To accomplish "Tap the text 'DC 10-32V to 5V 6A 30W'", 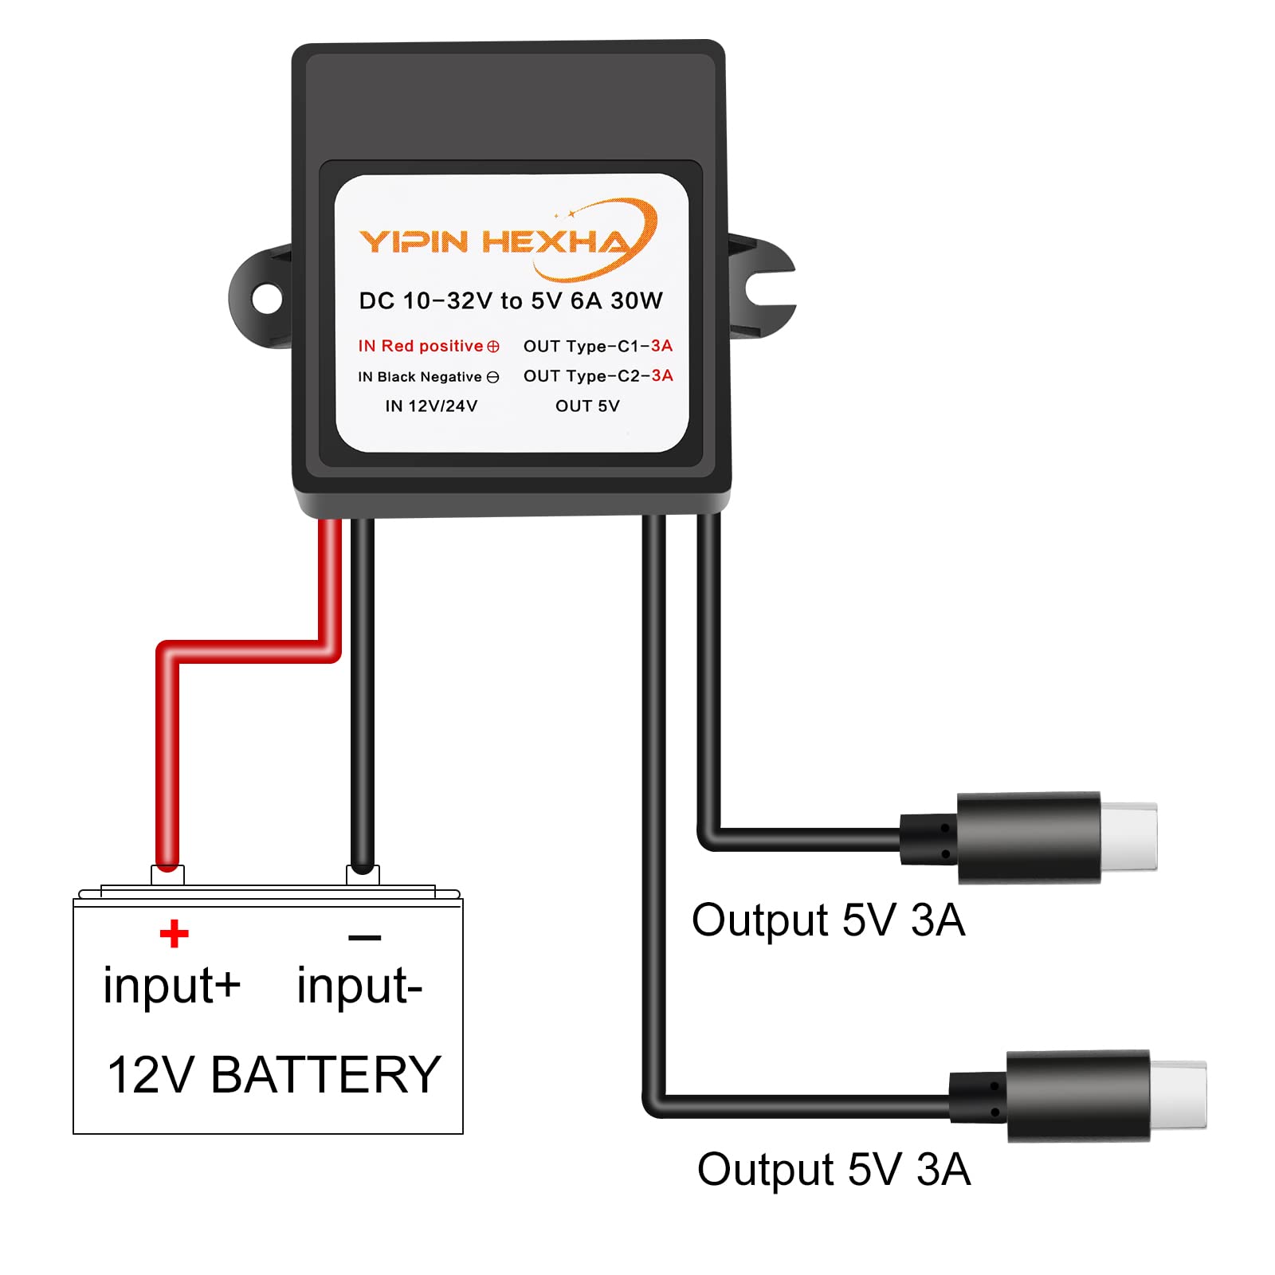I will [x=510, y=301].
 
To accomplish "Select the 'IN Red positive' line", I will [x=428, y=346].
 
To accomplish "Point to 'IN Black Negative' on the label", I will [x=428, y=377].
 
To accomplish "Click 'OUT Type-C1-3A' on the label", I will [x=598, y=346].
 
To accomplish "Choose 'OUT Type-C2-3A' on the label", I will [x=598, y=375].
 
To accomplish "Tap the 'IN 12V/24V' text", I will [x=431, y=406].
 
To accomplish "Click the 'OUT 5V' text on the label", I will [x=587, y=406].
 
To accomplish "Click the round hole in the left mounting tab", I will [x=267, y=299].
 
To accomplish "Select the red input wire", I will [x=167, y=757].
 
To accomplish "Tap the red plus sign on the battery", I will [x=174, y=933].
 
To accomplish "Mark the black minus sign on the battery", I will [x=364, y=938].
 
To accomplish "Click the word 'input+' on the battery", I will [x=171, y=986].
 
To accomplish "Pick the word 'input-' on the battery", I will [x=359, y=986].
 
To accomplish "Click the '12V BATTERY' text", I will [x=273, y=1074].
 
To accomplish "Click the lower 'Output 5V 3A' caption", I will [x=834, y=1170].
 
